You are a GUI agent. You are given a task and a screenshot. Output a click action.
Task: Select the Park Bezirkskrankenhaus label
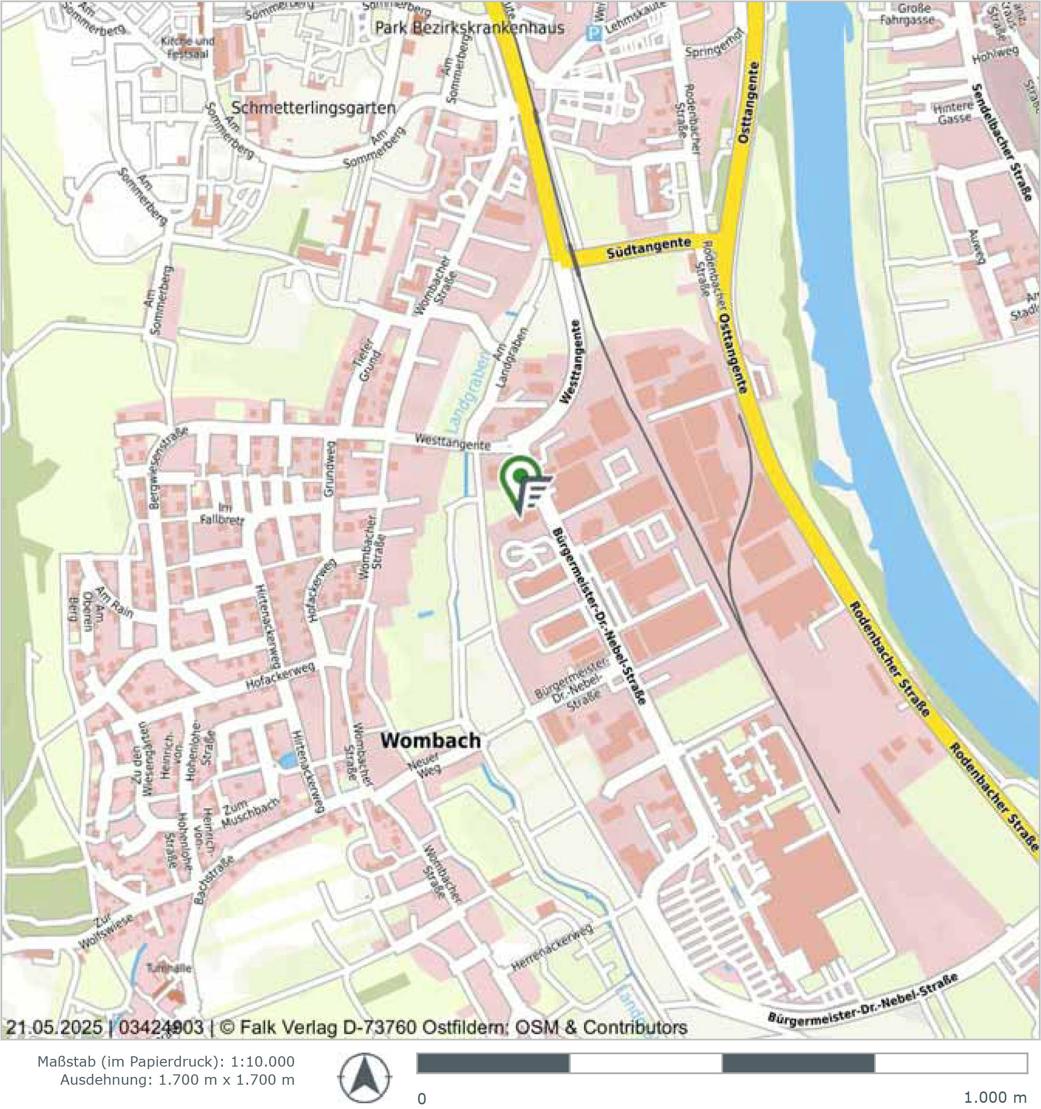[470, 28]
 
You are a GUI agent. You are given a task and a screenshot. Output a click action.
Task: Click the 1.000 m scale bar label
[994, 1098]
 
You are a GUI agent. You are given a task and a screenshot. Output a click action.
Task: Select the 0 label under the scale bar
[422, 1098]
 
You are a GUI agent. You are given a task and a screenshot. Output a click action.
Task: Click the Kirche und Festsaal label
[187, 48]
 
